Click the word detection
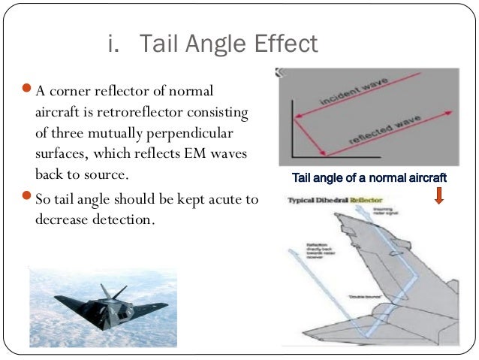coord(128,220)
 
